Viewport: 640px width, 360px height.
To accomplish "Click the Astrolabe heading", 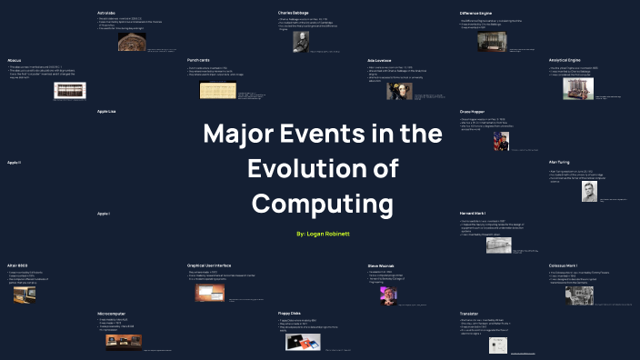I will (106, 13).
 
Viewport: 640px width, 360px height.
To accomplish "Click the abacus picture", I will (69, 89).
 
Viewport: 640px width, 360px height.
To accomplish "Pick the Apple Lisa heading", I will (107, 111).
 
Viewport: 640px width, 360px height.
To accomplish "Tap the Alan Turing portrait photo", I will (588, 192).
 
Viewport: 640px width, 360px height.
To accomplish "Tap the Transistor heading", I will (469, 313).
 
